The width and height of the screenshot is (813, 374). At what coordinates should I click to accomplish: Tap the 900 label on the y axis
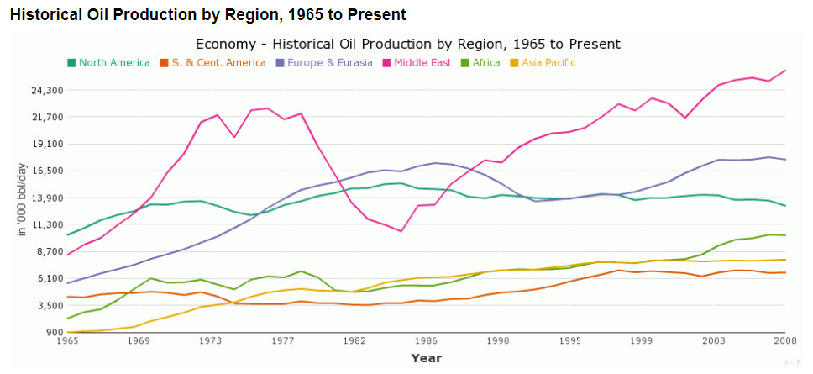point(53,332)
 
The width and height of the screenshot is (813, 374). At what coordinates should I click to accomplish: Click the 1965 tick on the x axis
point(67,341)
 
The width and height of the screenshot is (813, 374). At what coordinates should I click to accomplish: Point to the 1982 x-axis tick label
point(354,341)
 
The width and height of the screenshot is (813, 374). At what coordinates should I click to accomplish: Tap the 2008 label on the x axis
point(785,341)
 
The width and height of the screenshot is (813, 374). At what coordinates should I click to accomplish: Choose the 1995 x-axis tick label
point(570,341)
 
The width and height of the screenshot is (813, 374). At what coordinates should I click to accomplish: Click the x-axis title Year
point(427,358)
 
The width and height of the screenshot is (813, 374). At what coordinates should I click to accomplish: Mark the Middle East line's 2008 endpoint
point(785,71)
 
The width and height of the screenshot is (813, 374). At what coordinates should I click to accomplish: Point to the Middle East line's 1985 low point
point(401,231)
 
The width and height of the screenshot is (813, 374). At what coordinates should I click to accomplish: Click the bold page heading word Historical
point(47,15)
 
